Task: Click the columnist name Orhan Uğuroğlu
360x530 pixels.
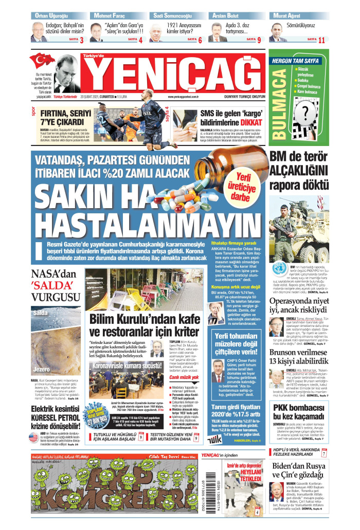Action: pyautogui.click(x=52, y=15)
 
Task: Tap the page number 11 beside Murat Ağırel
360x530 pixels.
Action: pyautogui.click(x=321, y=40)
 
